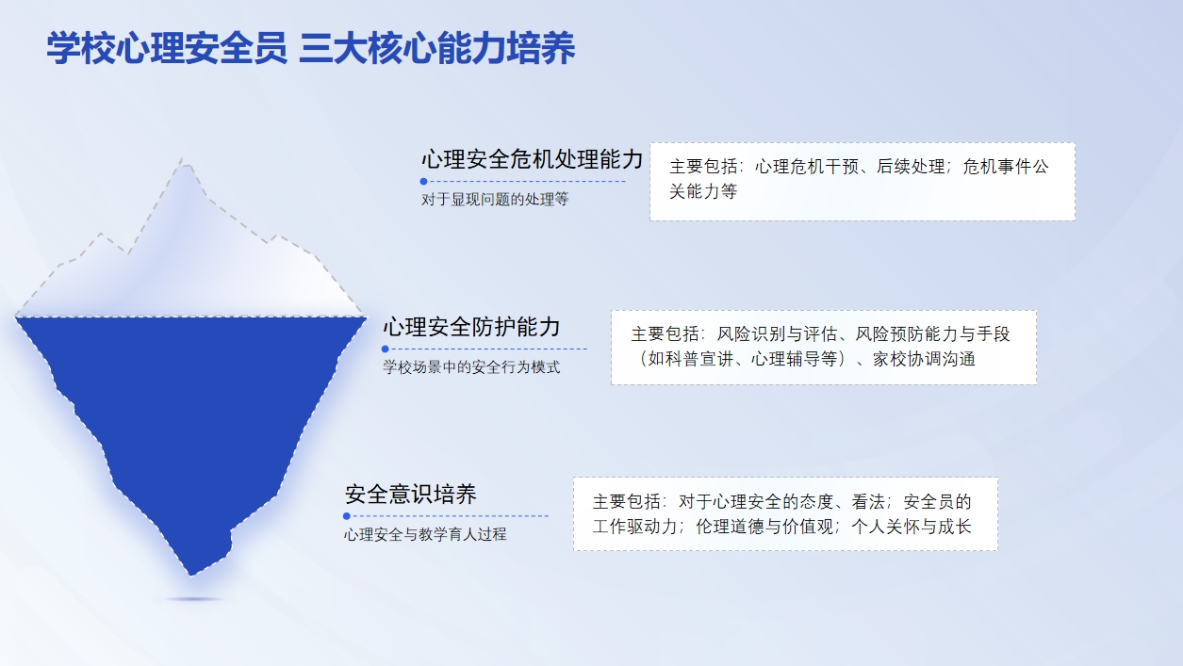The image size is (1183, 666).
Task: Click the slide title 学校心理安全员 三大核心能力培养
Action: (x=310, y=48)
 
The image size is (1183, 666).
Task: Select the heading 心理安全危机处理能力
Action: (x=532, y=159)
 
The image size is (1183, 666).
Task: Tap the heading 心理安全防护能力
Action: (x=471, y=327)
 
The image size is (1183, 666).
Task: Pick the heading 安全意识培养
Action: (x=410, y=495)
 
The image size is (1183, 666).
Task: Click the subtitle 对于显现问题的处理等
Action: (x=495, y=200)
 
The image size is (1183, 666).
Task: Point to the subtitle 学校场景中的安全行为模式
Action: (x=471, y=366)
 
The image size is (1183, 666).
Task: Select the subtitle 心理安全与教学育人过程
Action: (x=425, y=535)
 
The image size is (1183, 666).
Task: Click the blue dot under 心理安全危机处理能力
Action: (x=423, y=182)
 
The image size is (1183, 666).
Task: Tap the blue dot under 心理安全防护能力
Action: (x=385, y=349)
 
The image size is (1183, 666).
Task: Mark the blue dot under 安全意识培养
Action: (x=347, y=516)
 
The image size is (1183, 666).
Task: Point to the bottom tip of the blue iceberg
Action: (x=191, y=576)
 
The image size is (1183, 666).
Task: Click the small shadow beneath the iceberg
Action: (x=194, y=599)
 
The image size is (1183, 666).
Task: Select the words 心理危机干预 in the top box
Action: (x=807, y=167)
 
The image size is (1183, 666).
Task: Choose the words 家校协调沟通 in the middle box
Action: (x=924, y=360)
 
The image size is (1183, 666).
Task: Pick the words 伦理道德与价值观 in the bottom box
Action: (x=764, y=527)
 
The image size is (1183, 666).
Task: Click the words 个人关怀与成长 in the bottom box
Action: (x=912, y=527)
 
